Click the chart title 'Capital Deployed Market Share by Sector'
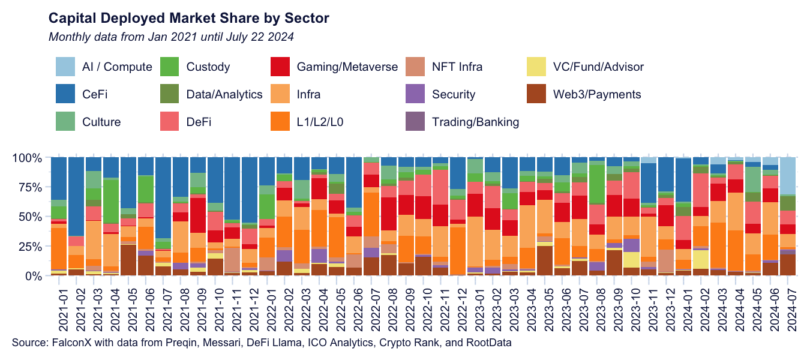[x=188, y=18]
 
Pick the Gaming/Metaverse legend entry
[x=347, y=67]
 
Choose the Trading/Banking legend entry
[x=475, y=122]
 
